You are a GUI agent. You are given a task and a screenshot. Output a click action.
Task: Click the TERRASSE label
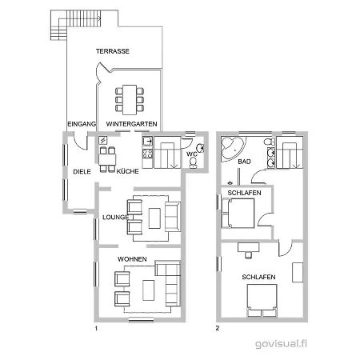click(x=113, y=51)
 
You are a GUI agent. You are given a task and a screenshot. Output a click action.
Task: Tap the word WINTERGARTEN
click(x=131, y=124)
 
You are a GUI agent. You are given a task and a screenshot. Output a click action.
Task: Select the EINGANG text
click(x=82, y=124)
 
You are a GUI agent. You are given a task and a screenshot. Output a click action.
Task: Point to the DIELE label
click(x=82, y=171)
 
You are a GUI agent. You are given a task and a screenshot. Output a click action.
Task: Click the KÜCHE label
click(x=128, y=171)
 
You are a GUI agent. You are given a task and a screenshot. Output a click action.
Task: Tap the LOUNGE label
click(x=115, y=217)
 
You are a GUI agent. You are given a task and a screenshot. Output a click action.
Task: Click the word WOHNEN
click(x=132, y=260)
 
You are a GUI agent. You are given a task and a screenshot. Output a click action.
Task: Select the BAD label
click(x=245, y=162)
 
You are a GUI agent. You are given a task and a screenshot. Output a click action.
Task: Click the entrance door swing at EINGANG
click(x=74, y=141)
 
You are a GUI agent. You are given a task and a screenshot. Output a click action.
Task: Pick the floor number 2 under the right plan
click(x=217, y=328)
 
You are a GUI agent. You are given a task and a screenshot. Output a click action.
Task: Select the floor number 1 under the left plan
click(x=96, y=328)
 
